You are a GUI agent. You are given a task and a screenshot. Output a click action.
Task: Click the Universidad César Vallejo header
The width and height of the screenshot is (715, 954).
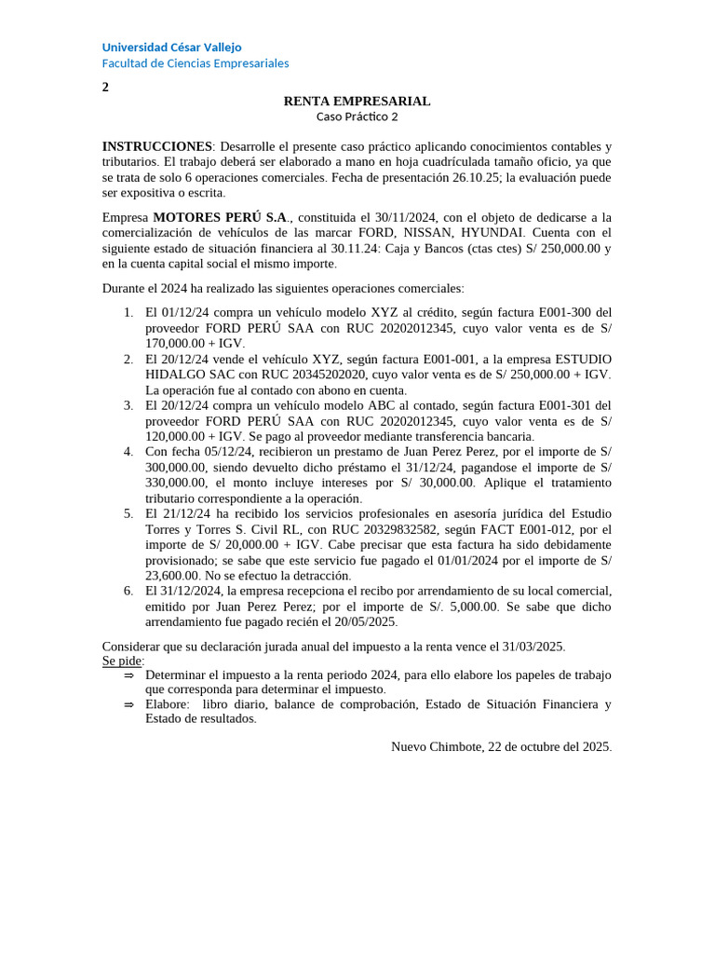[x=171, y=48]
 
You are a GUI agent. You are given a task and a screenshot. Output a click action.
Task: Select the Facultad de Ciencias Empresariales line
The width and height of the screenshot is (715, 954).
[x=196, y=63]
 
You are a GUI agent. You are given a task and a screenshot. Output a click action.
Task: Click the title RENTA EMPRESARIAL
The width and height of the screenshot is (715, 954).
[x=357, y=101]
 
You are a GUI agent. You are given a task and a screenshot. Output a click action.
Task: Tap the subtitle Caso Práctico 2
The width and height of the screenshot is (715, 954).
[x=357, y=116]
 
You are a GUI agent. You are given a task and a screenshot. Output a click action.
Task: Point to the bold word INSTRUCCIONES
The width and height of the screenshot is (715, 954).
[x=157, y=146]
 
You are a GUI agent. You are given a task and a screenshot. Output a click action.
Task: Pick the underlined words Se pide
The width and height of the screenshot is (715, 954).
[x=123, y=661]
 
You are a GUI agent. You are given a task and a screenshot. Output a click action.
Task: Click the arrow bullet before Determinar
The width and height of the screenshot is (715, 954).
[x=128, y=675]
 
